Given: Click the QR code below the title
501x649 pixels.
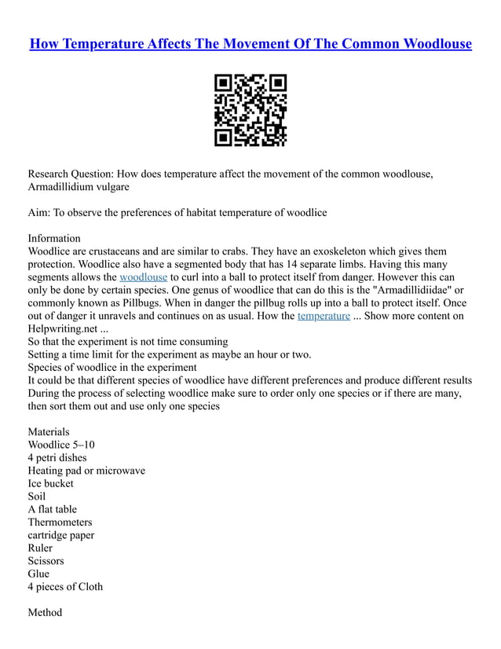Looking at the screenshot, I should [251, 111].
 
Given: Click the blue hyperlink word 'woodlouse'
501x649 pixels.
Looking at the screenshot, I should [143, 277].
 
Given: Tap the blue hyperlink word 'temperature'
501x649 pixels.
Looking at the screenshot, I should [324, 316].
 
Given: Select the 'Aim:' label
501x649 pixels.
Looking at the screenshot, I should [42, 212].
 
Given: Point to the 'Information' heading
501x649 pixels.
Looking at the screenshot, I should [54, 238].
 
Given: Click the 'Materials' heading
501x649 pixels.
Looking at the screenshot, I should [49, 431].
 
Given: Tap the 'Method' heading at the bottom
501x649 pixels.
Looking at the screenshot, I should [45, 612].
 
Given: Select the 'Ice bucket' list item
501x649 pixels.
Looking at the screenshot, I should [51, 483].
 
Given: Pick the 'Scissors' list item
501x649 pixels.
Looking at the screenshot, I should [46, 561].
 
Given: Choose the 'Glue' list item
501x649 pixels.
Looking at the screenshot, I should [38, 574].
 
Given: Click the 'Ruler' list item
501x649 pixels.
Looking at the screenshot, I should [40, 548].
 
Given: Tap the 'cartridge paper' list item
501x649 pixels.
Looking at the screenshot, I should [61, 535].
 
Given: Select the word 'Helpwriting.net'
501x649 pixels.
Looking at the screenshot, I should [62, 328].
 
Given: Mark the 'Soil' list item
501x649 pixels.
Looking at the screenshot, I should [37, 496].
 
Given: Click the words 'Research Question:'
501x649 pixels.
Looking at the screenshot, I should [71, 174].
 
